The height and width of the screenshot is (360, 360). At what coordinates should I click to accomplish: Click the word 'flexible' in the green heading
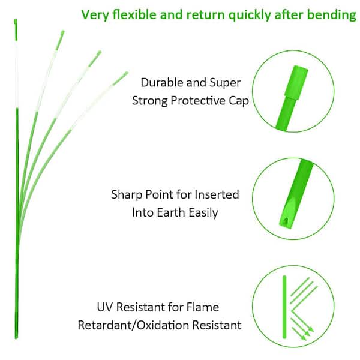pyautogui.click(x=134, y=14)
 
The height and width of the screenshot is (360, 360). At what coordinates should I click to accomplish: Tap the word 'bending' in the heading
pyautogui.click(x=332, y=15)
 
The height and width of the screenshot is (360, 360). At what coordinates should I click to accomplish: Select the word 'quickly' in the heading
pyautogui.click(x=250, y=15)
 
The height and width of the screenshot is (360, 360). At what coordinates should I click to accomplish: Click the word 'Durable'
pyautogui.click(x=162, y=82)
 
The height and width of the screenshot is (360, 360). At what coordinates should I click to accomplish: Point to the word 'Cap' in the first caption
pyautogui.click(x=239, y=101)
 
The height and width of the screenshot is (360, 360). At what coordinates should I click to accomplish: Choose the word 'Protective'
pyautogui.click(x=198, y=101)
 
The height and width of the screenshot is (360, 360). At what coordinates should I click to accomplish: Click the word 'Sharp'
pyautogui.click(x=126, y=194)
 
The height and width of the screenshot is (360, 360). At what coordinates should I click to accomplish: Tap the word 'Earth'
pyautogui.click(x=171, y=212)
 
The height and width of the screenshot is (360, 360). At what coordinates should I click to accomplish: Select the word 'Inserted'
pyautogui.click(x=217, y=194)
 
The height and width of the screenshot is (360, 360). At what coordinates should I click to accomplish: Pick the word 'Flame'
pyautogui.click(x=203, y=307)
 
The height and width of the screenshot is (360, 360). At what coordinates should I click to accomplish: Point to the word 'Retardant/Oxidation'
pyautogui.click(x=133, y=325)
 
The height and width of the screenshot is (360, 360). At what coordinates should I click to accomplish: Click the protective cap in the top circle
pyautogui.click(x=296, y=82)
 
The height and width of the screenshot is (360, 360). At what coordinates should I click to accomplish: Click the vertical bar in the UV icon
pyautogui.click(x=284, y=307)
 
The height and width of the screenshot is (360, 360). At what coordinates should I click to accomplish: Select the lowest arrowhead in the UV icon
pyautogui.click(x=304, y=337)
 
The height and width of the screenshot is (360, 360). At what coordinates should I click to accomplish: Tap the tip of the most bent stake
pyautogui.click(x=127, y=73)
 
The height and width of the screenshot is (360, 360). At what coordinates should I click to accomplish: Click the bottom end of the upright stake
pyautogui.click(x=16, y=337)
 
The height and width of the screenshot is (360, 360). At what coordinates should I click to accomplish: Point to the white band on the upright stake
pyautogui.click(x=16, y=74)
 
